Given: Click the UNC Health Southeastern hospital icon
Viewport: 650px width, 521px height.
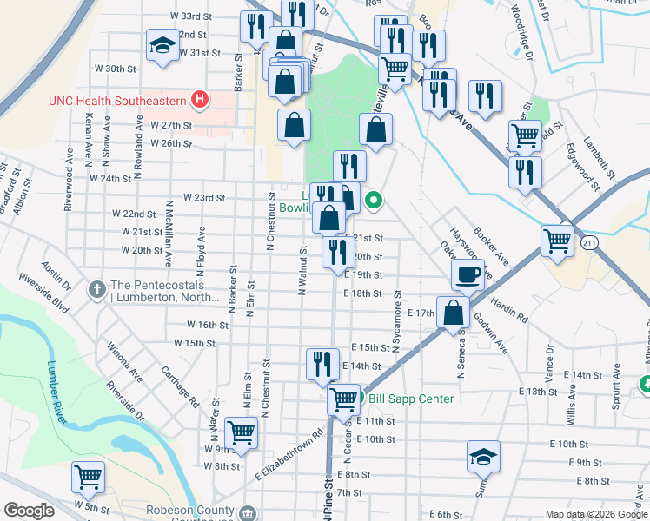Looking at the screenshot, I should coord(201,100).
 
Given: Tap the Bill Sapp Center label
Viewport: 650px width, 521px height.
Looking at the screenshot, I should coord(411,399).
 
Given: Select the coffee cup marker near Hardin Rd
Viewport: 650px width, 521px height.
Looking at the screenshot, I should coord(468,275).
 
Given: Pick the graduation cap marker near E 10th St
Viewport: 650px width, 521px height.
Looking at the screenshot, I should coord(484,455).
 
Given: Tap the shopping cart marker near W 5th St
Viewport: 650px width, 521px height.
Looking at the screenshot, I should coord(88,477).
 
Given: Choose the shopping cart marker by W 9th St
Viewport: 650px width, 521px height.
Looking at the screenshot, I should coord(241,432).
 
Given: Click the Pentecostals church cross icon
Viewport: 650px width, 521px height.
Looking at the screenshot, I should coord(97,287).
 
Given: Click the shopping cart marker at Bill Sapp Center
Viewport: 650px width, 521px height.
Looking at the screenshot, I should coord(344,399).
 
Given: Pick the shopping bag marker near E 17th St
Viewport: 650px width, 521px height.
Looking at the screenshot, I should coord(453,313).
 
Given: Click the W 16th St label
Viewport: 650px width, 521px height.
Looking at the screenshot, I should coord(208,325).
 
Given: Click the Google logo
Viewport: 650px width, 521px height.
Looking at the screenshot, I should coord(29,511).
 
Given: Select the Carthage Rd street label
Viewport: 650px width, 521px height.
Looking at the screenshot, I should coord(181,386).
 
